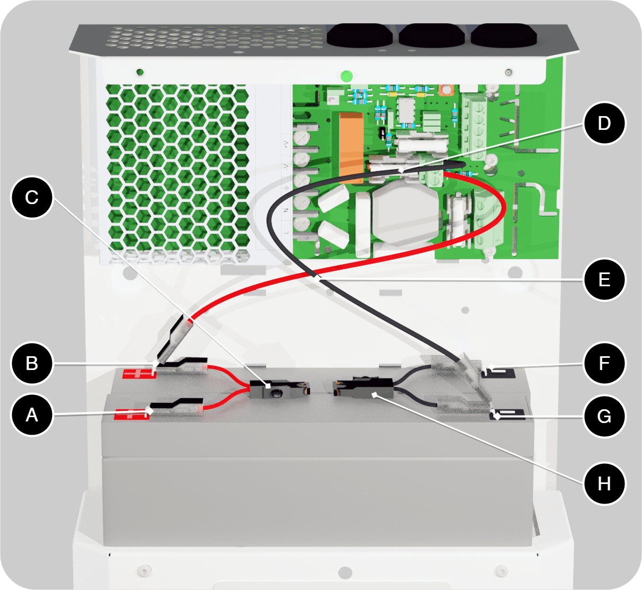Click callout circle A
click(x=32, y=415)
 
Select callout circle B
click(x=32, y=363)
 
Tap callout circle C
click(x=32, y=197)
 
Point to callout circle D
click(x=604, y=123)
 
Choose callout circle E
click(x=604, y=279)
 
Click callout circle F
click(x=604, y=363)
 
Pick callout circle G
click(x=604, y=416)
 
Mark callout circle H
click(x=604, y=483)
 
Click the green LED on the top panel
click(x=347, y=76)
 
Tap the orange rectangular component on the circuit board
click(x=351, y=148)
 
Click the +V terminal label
click(x=286, y=144)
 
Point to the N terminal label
click(x=286, y=210)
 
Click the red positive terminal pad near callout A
click(x=131, y=414)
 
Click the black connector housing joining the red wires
click(x=279, y=389)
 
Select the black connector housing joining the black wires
click(x=363, y=386)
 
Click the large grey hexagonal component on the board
click(x=406, y=213)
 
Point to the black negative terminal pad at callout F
click(x=498, y=373)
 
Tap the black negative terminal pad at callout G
click(x=507, y=415)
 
